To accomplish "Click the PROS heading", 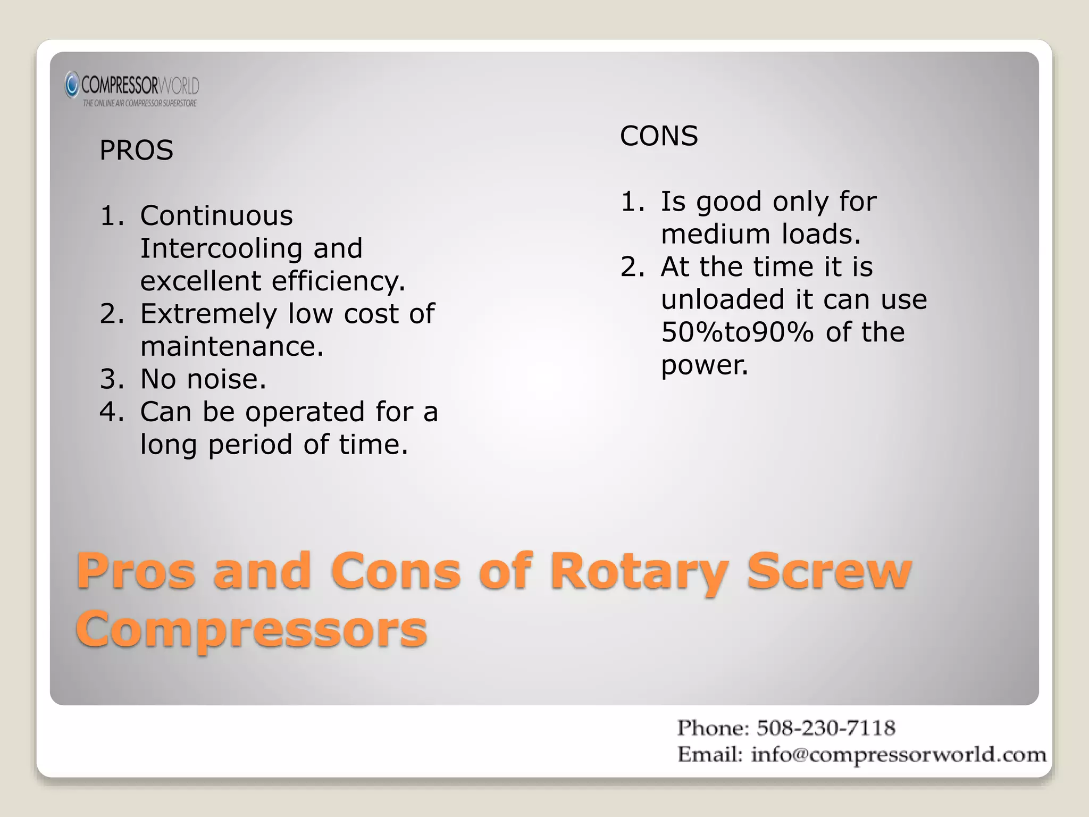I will [136, 150].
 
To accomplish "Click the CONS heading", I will [658, 136].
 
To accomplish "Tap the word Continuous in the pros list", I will [216, 215].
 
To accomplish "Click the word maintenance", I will [232, 346].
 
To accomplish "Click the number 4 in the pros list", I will [111, 412].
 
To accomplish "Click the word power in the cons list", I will [704, 365].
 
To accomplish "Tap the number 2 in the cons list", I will [631, 266].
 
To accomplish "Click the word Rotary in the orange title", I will [639, 571].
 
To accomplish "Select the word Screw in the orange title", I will [829, 571].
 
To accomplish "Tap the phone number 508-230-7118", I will [826, 728].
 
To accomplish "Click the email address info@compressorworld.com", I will [898, 754].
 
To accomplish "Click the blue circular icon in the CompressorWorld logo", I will [72, 85].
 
